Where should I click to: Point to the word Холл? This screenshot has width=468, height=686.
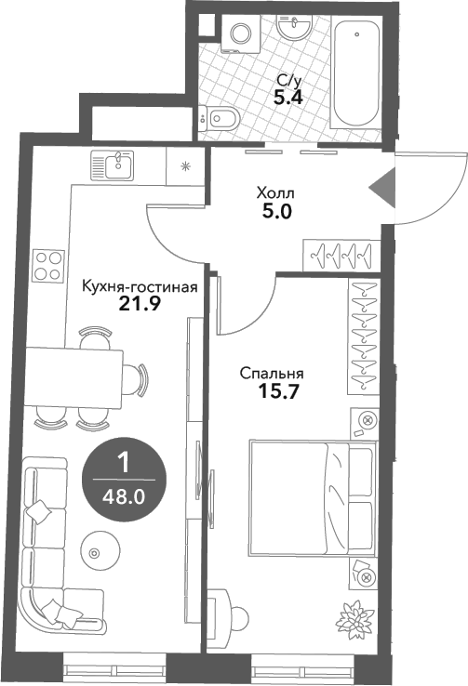274,192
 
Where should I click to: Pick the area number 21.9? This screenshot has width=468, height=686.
135,302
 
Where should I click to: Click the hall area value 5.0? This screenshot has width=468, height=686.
277,211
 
